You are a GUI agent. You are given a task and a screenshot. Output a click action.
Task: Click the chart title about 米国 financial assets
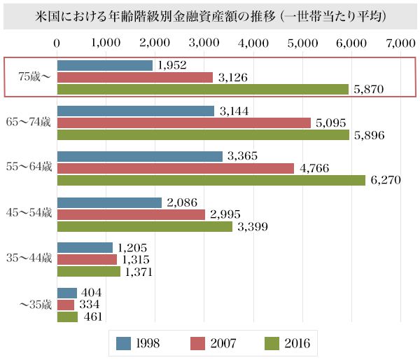pyautogui.click(x=210, y=15)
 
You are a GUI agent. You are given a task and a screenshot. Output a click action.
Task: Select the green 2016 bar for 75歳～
pyautogui.click(x=202, y=89)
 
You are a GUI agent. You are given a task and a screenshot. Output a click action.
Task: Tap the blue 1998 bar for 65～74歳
pyautogui.click(x=135, y=111)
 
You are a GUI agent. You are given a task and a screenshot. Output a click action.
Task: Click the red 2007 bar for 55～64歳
pyautogui.click(x=175, y=168)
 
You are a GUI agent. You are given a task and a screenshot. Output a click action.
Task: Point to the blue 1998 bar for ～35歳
pyautogui.click(x=66, y=293)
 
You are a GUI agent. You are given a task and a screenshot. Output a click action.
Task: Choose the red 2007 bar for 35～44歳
pyautogui.click(x=86, y=259)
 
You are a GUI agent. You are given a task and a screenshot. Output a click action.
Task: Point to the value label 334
pyautogui.click(x=89, y=305)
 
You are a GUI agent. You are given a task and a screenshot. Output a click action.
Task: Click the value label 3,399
pyautogui.click(x=253, y=226)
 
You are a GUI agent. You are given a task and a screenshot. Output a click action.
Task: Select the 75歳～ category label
pyautogui.click(x=27, y=76)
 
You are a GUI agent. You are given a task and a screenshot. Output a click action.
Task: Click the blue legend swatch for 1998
pyautogui.click(x=124, y=343)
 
